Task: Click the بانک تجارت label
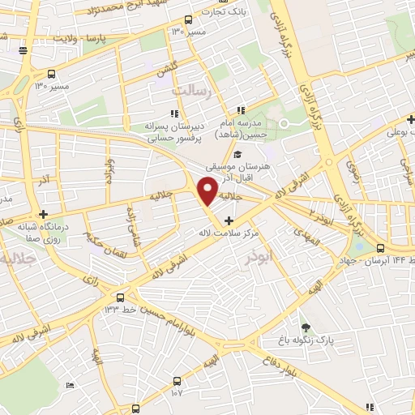click(227, 12)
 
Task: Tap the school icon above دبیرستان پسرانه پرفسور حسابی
click(173, 113)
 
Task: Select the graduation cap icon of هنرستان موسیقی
click(237, 154)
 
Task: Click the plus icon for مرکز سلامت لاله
click(229, 220)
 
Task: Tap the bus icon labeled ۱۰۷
click(177, 381)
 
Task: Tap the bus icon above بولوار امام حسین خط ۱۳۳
click(120, 297)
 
